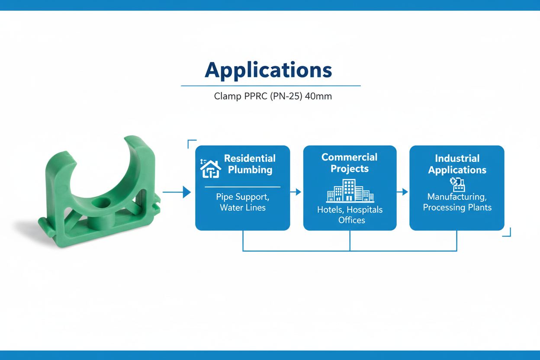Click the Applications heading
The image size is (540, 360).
pos(268,70)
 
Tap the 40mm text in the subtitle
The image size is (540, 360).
pos(318,96)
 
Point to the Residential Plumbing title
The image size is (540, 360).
pos(250,164)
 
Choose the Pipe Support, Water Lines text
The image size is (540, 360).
pos(242,202)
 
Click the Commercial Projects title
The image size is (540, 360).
pos(349,163)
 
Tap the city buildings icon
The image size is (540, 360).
pos(350,190)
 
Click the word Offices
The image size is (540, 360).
pos(352,220)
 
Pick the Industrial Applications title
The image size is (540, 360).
pos(457,164)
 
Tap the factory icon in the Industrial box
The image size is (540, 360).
pos(457,184)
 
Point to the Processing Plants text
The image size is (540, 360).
pos(457,207)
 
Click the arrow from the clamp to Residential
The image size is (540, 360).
pos(177,192)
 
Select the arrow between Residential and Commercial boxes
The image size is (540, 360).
pos(296,192)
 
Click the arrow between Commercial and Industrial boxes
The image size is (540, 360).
pos(402,192)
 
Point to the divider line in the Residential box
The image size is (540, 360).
pos(242,187)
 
